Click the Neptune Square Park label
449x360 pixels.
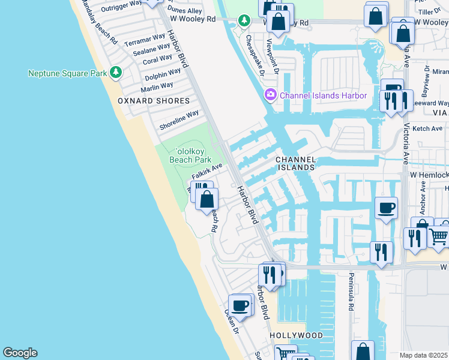tap(67, 73)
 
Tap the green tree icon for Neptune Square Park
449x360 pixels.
tap(116, 73)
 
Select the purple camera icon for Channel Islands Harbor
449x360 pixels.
tap(270, 95)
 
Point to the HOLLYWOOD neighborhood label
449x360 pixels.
tap(296, 335)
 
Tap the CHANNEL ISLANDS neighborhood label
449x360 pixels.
tap(295, 163)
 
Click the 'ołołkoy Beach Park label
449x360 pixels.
tap(190, 156)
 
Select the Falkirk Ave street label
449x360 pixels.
tap(207, 171)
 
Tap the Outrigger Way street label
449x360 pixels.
tap(121, 7)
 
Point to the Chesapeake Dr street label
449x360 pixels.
tap(255, 56)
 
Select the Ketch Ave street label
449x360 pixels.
tap(427, 128)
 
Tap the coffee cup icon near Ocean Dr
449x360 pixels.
tap(241, 305)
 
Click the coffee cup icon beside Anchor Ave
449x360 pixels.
tap(385, 208)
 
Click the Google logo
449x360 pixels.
tap(20, 353)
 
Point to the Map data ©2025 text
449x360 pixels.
tap(424, 355)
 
